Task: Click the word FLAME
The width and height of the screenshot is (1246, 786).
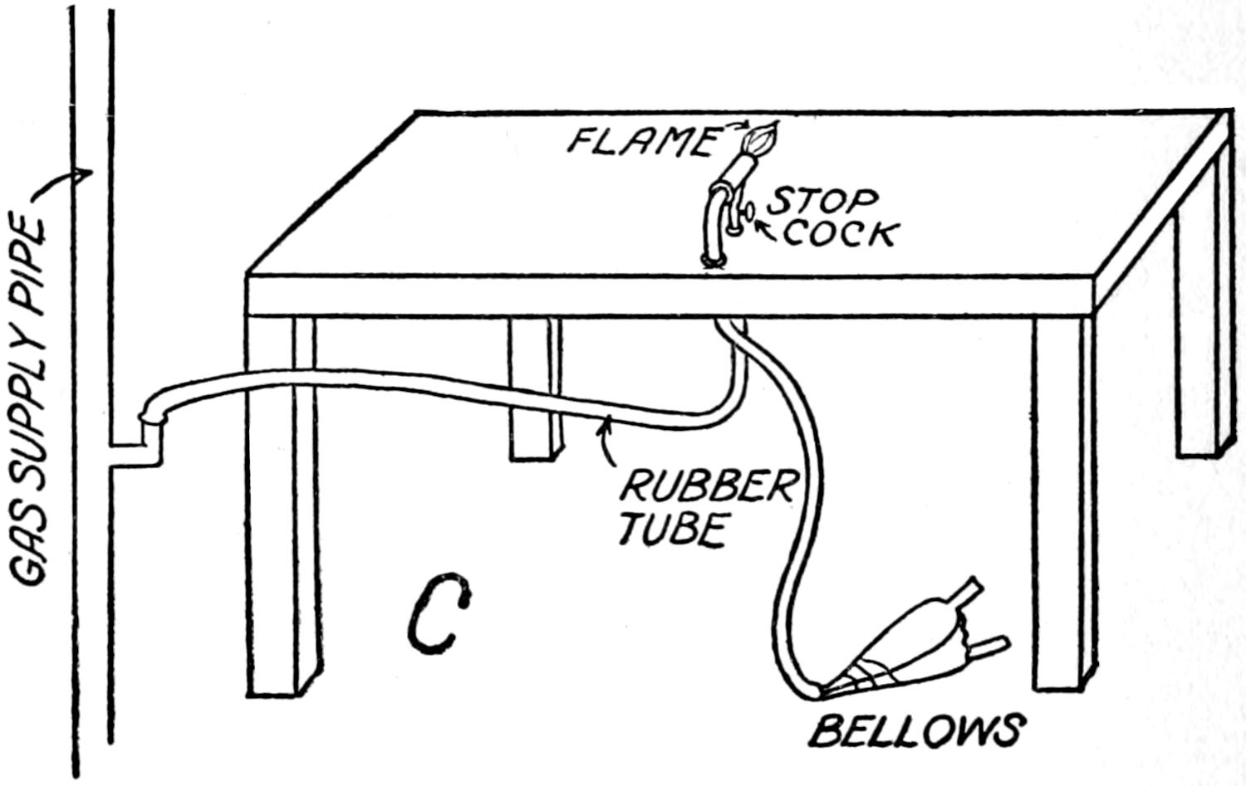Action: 640,140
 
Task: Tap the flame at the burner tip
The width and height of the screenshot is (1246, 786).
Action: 763,138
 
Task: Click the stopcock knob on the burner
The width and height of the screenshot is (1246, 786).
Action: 747,215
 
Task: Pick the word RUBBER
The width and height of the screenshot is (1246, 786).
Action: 707,486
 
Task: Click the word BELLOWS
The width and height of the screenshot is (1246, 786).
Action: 915,731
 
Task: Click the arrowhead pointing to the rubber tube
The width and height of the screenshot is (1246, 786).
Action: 609,423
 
